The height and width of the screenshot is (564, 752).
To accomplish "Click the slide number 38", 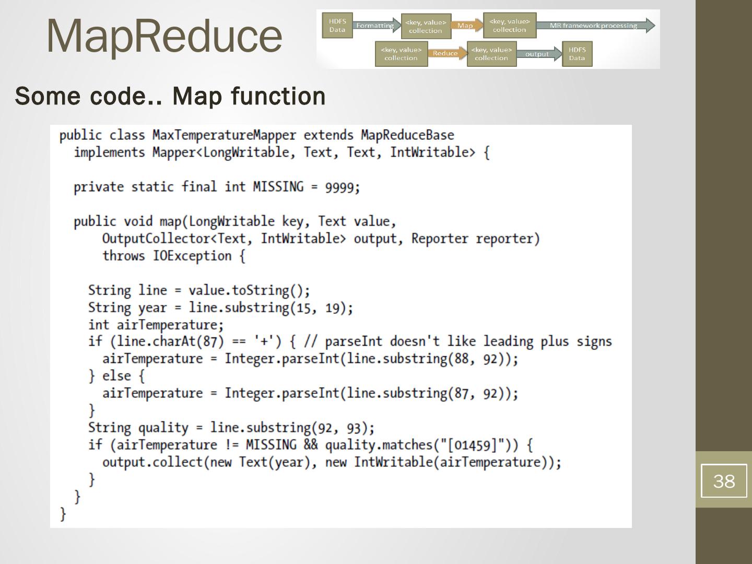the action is pos(723,481).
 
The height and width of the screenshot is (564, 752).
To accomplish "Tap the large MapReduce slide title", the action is pos(164,36).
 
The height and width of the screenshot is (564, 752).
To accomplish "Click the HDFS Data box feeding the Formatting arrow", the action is pos(337,26).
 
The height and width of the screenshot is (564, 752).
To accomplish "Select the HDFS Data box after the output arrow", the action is pos(577,54).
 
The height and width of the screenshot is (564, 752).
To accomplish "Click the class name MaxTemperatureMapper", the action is pos(224,135).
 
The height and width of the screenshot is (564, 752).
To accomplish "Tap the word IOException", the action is pos(192,256).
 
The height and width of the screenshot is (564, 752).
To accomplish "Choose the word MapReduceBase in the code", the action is pos(407,135).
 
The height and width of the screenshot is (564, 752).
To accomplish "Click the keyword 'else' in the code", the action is pos(116,376).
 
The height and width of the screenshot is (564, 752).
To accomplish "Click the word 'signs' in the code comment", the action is pos(594,342).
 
